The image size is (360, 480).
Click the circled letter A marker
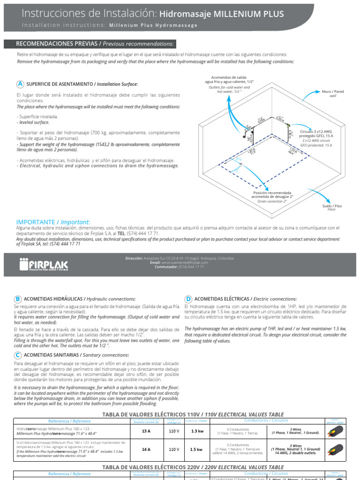coord(20,84)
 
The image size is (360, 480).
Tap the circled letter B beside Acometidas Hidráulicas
coord(18,299)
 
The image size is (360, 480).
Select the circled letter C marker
coord(18,355)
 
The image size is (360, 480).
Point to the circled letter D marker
coord(188,299)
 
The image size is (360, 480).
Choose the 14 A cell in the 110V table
coord(145,449)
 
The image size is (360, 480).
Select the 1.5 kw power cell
coord(197,449)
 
